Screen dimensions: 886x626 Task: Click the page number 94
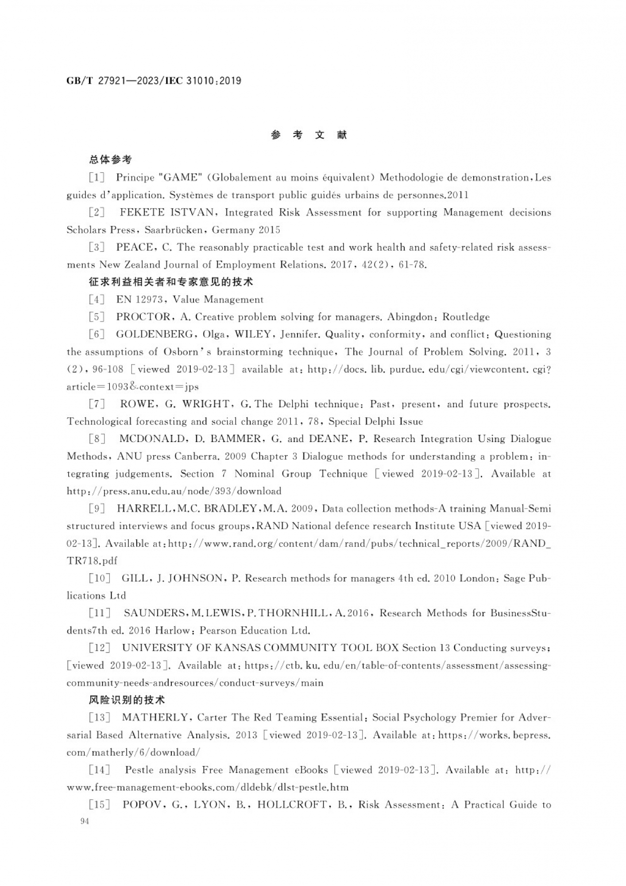[85, 821]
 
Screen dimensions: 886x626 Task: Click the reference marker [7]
[97, 404]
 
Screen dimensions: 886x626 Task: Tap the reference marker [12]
[100, 647]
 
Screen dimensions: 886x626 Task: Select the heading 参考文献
[309, 135]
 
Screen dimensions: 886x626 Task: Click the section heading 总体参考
[110, 159]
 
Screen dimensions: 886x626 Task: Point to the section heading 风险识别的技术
[127, 699]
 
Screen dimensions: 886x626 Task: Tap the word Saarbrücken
[174, 229]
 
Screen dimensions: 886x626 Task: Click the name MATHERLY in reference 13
[155, 717]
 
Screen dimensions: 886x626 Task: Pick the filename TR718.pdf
[92, 560]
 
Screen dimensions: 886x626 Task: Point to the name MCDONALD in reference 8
[152, 439]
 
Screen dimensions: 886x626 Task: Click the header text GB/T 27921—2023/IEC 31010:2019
[154, 81]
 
